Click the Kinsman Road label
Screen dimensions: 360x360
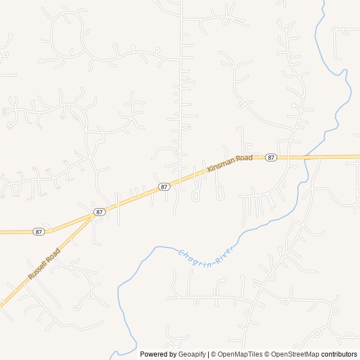pyautogui.click(x=229, y=163)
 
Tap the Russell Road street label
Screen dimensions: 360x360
pyautogui.click(x=43, y=264)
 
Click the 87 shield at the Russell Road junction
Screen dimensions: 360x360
pyautogui.click(x=100, y=212)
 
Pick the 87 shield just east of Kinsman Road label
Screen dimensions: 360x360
pyautogui.click(x=271, y=157)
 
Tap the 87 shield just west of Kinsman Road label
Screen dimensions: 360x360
pyautogui.click(x=164, y=186)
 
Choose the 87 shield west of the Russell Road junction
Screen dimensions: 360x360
pyautogui.click(x=38, y=232)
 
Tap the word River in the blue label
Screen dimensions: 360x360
pyautogui.click(x=224, y=254)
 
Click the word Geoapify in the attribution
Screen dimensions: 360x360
pyautogui.click(x=192, y=354)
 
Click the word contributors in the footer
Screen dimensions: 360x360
pyautogui.click(x=339, y=354)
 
